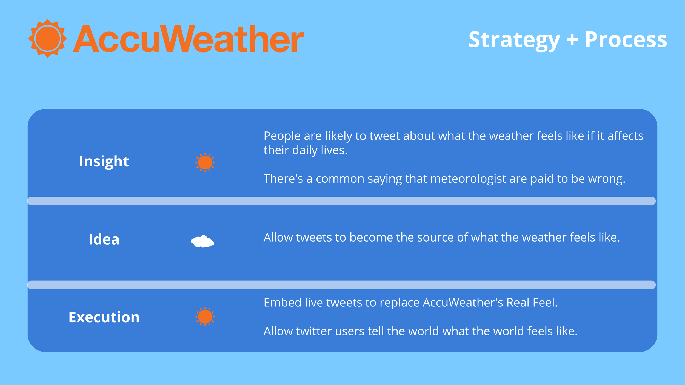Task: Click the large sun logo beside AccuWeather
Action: point(48,38)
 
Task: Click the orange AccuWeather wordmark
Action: point(189,39)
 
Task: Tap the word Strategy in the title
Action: point(514,40)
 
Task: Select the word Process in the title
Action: point(626,39)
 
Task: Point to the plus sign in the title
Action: point(572,39)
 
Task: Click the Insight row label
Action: point(104,161)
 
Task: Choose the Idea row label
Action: point(104,239)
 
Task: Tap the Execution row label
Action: point(104,317)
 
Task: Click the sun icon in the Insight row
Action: point(205,162)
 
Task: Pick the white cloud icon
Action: point(202,241)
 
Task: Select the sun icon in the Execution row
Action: point(205,317)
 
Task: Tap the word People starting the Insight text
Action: point(282,136)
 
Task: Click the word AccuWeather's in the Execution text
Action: point(463,303)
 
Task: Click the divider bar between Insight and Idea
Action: point(341,201)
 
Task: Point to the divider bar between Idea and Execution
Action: point(341,285)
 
